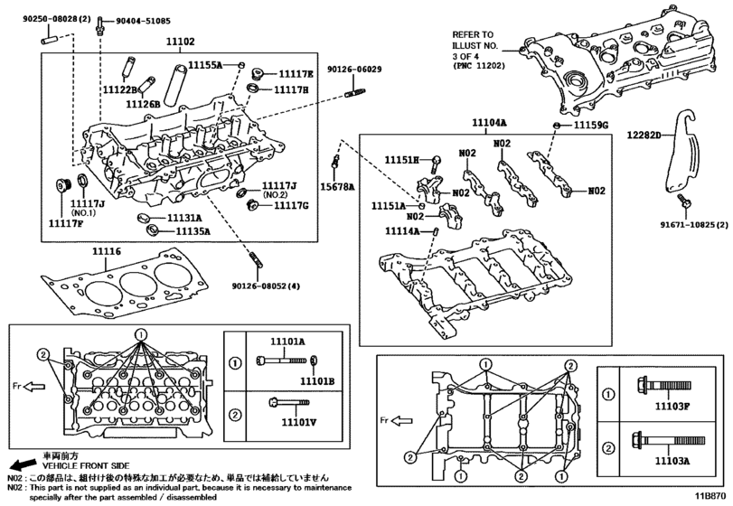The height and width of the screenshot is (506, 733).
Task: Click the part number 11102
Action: (180, 42)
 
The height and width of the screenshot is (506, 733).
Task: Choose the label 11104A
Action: (489, 123)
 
